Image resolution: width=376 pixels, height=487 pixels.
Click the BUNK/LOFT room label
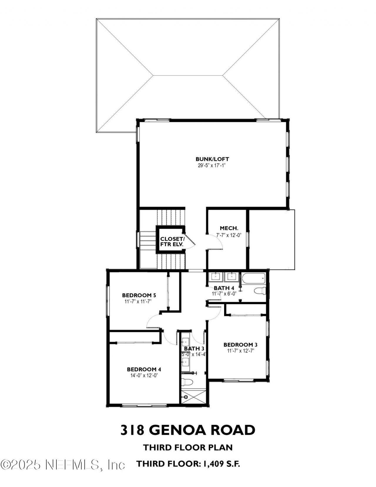pyautogui.click(x=212, y=159)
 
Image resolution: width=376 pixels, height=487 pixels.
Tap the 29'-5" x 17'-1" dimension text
pyautogui.click(x=212, y=166)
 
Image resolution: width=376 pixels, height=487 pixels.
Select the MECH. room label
pyautogui.click(x=229, y=228)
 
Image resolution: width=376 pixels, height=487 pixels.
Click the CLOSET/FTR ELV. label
pyautogui.click(x=172, y=241)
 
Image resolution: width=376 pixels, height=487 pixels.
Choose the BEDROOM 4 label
pyautogui.click(x=144, y=369)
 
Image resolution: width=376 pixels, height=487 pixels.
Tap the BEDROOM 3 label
pyautogui.click(x=240, y=344)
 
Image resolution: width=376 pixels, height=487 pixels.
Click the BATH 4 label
pyautogui.click(x=224, y=288)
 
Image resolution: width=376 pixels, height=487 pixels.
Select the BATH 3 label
pyautogui.click(x=194, y=349)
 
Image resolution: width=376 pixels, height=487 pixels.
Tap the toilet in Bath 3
pyautogui.click(x=187, y=382)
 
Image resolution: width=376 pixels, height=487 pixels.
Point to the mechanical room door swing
pyautogui.click(x=216, y=241)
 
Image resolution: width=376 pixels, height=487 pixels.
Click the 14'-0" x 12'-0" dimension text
pyautogui.click(x=144, y=375)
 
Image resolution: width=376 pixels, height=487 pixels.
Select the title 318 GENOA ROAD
pyautogui.click(x=187, y=430)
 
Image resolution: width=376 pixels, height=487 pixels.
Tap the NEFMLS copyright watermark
pyautogui.click(x=63, y=465)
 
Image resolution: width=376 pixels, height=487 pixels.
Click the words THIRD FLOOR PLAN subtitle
pyautogui.click(x=188, y=447)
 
